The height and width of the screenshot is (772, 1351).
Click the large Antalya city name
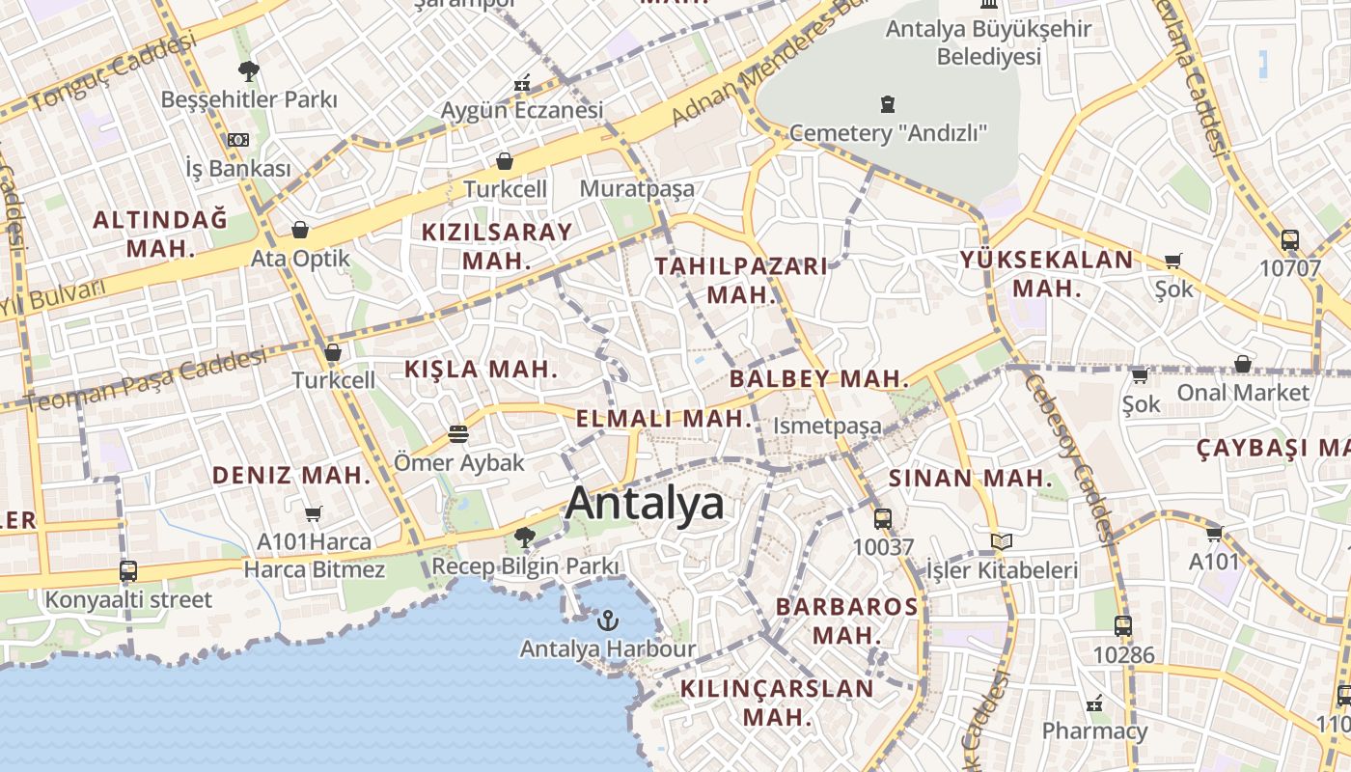[645, 504]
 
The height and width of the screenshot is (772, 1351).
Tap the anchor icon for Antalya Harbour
[608, 620]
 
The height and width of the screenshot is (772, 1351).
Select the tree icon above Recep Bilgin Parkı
[525, 537]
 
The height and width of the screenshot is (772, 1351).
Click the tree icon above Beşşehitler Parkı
[248, 70]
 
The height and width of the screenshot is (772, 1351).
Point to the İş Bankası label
[237, 169]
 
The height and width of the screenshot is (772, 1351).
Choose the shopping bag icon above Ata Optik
[300, 230]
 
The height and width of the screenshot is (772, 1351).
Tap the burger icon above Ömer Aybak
[458, 434]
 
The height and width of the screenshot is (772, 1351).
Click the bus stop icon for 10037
[882, 518]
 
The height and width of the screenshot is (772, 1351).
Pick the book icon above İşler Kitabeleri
[1002, 542]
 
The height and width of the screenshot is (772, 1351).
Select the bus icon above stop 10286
[1122, 625]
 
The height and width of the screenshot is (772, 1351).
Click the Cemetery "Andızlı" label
[888, 132]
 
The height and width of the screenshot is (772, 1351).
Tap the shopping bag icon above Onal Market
[1243, 364]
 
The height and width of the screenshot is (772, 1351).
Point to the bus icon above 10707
[1289, 239]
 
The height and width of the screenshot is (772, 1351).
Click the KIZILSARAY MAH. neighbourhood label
[497, 246]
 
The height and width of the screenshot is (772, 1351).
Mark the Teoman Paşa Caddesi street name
[145, 381]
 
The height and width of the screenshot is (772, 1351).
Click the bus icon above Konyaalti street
[128, 570]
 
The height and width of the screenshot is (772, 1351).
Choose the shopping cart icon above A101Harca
[313, 513]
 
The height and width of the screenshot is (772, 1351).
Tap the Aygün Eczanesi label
[522, 110]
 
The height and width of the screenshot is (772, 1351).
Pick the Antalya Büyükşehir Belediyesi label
[988, 42]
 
